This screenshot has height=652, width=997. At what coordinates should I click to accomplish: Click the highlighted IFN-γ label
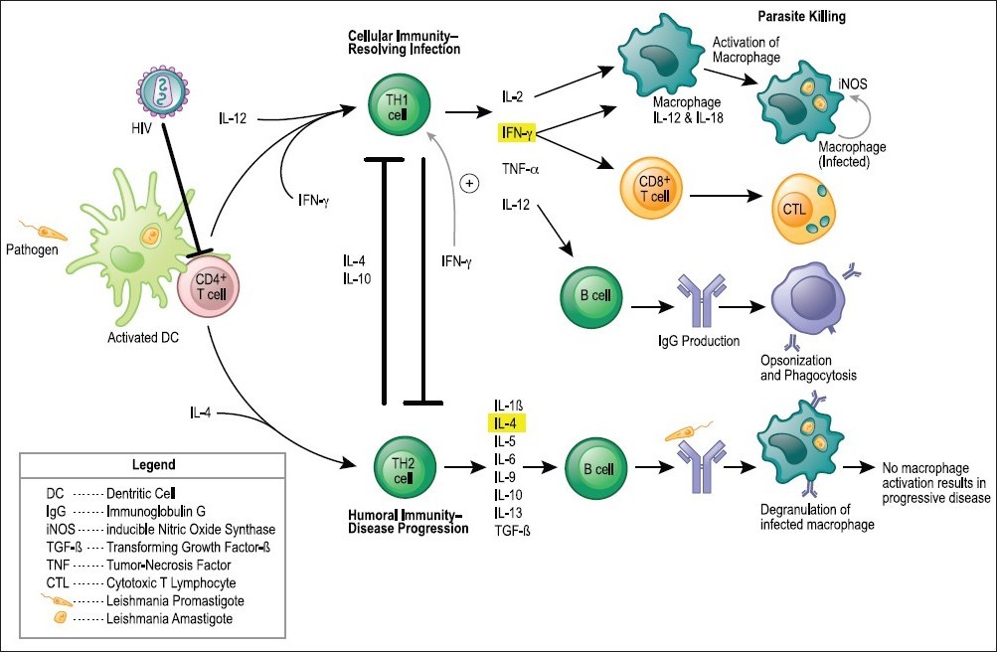pyautogui.click(x=517, y=130)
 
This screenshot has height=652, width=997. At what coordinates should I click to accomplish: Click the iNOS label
pyautogui.click(x=852, y=85)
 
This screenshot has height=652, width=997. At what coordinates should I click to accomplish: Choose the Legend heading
pyautogui.click(x=153, y=464)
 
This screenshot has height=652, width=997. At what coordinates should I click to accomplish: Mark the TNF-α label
pyautogui.click(x=522, y=169)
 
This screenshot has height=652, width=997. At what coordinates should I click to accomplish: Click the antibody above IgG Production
pyautogui.click(x=697, y=301)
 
